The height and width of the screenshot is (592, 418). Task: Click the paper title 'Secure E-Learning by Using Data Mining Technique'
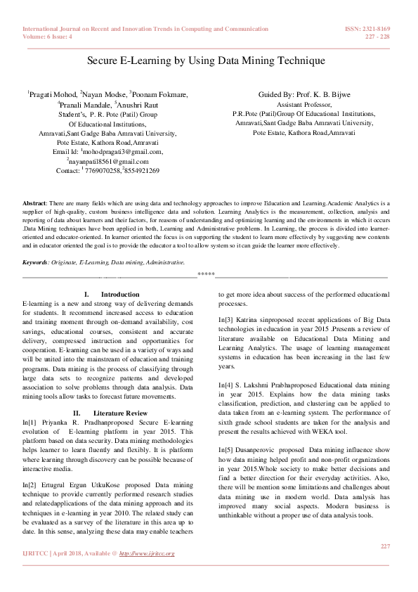pyautogui.click(x=206, y=61)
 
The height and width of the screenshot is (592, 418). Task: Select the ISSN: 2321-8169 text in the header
pyautogui.click(x=368, y=29)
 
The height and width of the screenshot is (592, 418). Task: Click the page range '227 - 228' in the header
pyautogui.click(x=377, y=37)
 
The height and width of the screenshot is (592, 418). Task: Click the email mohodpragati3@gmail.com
pyautogui.click(x=124, y=151)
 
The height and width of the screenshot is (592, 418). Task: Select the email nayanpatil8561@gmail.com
pyautogui.click(x=112, y=161)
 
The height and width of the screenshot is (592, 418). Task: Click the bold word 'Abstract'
pyautogui.click(x=34, y=202)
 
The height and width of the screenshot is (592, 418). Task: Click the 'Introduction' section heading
pyautogui.click(x=120, y=294)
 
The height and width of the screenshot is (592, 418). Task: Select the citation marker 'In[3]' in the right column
pyautogui.click(x=226, y=339)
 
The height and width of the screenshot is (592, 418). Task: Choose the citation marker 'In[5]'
pyautogui.click(x=226, y=449)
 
